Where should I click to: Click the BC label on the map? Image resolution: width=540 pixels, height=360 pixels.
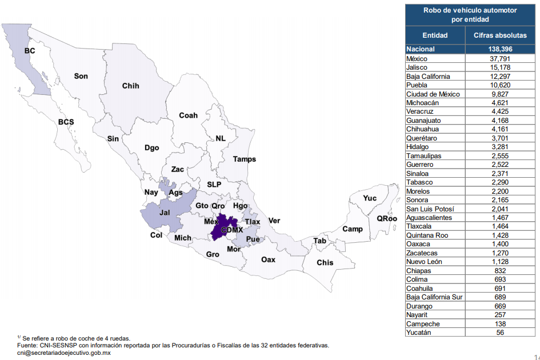click(30, 51)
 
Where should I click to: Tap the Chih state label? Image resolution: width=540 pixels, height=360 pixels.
click(130, 86)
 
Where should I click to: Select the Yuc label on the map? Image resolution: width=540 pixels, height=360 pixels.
click(370, 198)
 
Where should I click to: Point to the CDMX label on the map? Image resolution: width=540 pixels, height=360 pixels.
click(233, 230)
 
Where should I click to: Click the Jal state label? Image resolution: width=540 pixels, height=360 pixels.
click(165, 213)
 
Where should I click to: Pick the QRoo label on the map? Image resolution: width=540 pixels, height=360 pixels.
click(386, 218)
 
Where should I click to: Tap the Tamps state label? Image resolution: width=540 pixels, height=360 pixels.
click(244, 159)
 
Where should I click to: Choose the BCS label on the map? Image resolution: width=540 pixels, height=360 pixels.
click(66, 122)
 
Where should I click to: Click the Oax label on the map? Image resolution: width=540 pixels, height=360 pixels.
click(268, 259)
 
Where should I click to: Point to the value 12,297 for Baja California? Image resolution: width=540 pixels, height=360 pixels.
click(500, 76)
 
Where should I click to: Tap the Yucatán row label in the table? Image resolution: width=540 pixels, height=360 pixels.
click(419, 333)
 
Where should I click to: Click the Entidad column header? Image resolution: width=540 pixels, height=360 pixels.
click(435, 35)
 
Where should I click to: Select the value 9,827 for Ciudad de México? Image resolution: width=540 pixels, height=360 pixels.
click(500, 94)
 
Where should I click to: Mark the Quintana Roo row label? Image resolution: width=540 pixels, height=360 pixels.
click(426, 235)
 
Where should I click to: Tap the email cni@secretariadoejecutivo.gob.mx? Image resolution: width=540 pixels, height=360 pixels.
click(64, 353)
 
